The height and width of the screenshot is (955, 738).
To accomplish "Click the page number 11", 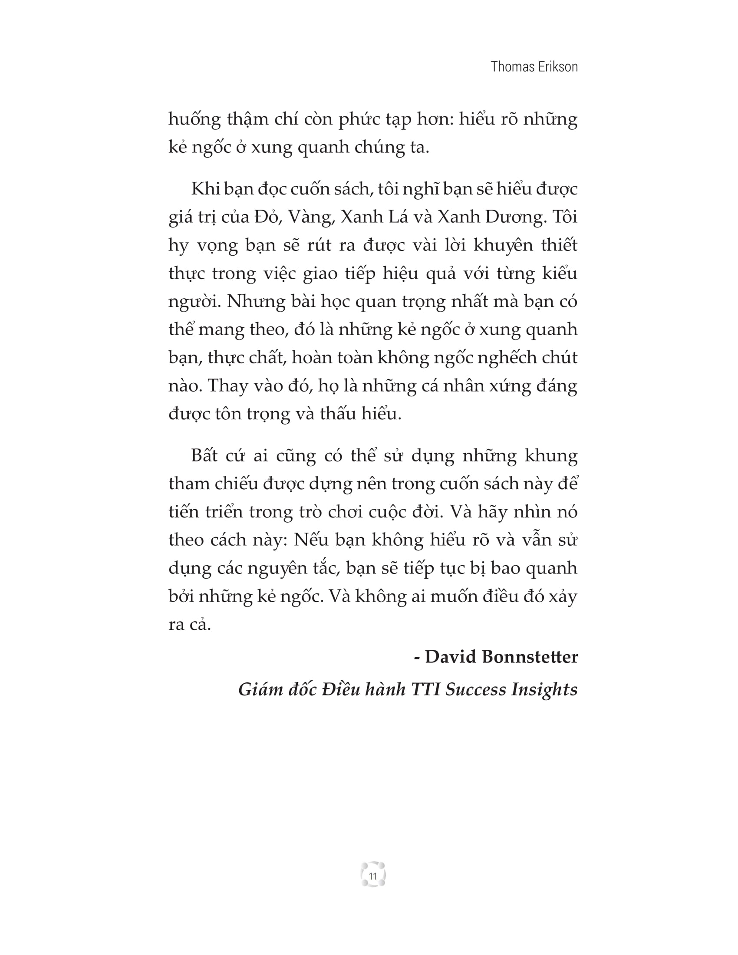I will coord(373,876).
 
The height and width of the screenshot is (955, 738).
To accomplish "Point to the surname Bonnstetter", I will coord(530,657).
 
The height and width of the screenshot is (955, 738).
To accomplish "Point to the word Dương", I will coord(515,218).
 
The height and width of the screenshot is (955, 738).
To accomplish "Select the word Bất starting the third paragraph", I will coord(204,456).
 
